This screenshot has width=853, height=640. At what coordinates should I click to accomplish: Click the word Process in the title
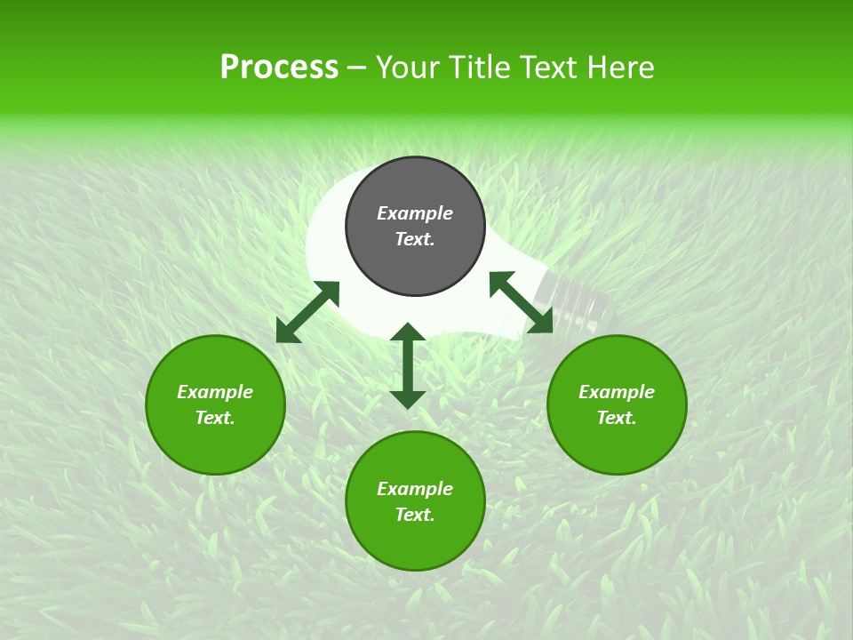click(279, 68)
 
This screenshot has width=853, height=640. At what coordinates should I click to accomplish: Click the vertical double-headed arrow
click(408, 365)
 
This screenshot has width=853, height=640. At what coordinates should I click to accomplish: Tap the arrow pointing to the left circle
click(307, 312)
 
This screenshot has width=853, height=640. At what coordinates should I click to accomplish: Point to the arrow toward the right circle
click(521, 302)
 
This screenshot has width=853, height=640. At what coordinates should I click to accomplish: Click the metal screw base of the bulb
click(582, 300)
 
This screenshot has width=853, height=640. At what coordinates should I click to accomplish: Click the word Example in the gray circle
click(415, 213)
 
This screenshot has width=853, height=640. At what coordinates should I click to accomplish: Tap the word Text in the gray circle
click(413, 239)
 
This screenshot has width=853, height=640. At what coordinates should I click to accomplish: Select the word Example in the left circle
click(215, 392)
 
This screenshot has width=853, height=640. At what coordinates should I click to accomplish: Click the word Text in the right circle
click(615, 418)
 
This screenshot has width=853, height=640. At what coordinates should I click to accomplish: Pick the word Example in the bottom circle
click(415, 489)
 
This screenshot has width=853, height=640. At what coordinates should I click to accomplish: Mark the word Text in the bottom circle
click(413, 515)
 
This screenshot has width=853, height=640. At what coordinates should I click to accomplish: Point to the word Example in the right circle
click(617, 392)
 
